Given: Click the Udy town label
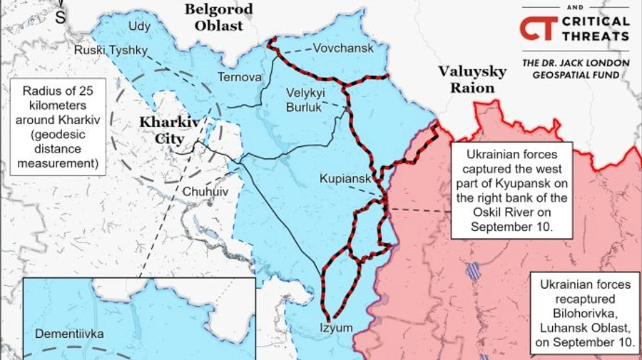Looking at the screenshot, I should pyautogui.click(x=139, y=27).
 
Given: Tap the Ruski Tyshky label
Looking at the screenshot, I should pyautogui.click(x=111, y=50).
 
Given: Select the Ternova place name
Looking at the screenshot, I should pyautogui.click(x=239, y=77).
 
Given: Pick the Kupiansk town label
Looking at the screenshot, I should pyautogui.click(x=345, y=178).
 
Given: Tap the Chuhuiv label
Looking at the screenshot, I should pyautogui.click(x=206, y=191).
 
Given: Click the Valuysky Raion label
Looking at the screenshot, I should pyautogui.click(x=472, y=80).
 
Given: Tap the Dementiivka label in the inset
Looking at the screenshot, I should pyautogui.click(x=69, y=334).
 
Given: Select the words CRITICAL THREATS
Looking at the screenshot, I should pyautogui.click(x=595, y=29).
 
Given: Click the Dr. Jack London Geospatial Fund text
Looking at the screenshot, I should pyautogui.click(x=576, y=69).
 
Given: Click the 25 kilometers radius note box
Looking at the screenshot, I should pyautogui.click(x=58, y=127).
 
